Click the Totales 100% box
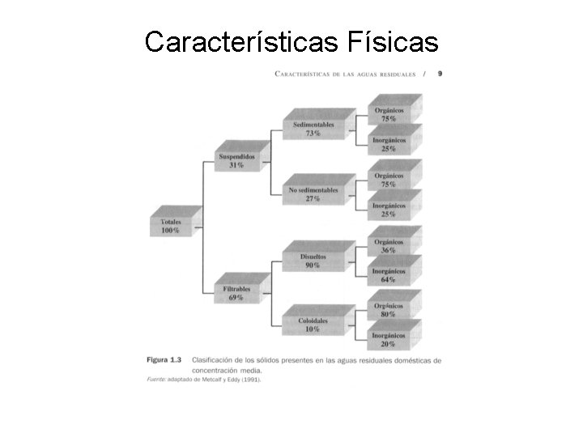pos(170,225)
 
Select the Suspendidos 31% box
pos(236,160)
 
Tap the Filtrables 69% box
pos(236,292)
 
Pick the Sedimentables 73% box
pos(313,128)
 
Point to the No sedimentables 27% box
pos(313,194)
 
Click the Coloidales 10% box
pos(313,325)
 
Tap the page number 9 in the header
pos(440,73)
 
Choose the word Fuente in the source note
pos(157,378)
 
